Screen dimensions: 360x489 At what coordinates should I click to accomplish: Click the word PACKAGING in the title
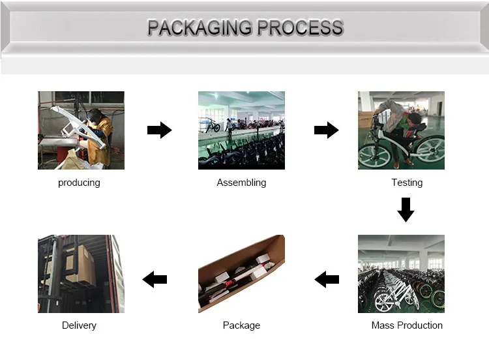point(200,28)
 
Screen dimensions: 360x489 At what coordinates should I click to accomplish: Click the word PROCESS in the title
point(300,28)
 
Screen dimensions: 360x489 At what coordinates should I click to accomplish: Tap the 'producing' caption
point(79,183)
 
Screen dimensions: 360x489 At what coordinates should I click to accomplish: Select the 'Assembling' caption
point(241,183)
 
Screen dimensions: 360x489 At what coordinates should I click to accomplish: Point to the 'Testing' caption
point(407,183)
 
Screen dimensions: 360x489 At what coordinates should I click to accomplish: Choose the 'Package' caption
point(241,325)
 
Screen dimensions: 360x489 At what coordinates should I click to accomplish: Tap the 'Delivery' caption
point(79,325)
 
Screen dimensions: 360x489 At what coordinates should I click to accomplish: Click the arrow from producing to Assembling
point(159,130)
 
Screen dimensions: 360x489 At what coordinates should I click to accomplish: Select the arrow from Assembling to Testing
point(326,130)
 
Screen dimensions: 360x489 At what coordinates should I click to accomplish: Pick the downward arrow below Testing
point(406,210)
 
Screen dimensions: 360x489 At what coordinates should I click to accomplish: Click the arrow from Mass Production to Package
point(327,280)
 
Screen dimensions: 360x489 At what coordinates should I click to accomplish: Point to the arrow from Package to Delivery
point(155,280)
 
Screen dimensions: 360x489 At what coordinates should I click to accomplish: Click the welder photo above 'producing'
point(81,130)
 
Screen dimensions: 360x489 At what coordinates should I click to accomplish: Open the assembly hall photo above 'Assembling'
point(241,130)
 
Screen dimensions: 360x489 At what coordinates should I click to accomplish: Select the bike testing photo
point(401,130)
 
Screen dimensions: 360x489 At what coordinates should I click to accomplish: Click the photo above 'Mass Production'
point(401,274)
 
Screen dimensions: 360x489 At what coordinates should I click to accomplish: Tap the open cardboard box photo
point(241,274)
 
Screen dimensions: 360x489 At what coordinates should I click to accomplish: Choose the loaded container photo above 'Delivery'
point(81,274)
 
